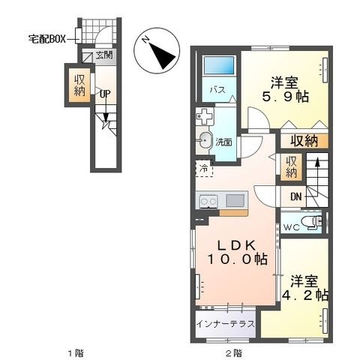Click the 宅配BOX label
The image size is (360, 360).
pos(47,39)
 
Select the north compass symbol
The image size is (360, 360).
pos(157,50)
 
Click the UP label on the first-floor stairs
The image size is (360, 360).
pos(105,94)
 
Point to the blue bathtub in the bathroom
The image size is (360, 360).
pos(219,65)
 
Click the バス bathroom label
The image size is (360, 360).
pos(217,89)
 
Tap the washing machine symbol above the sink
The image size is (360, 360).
pos(205,116)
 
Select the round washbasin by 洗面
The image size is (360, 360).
pos(205,140)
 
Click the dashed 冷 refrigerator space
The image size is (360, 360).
pos(204,168)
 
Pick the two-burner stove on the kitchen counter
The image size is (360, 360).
pos(208,201)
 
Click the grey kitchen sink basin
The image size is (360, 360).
pos(235,200)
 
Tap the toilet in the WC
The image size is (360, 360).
pos(312,222)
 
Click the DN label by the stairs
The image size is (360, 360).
pos(296,197)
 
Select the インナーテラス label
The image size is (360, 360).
pos(226,324)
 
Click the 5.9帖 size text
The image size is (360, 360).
pos(285,97)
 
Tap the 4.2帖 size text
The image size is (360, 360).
pos(305,295)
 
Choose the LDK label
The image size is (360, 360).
pos(236,245)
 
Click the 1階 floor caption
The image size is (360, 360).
pos(76,353)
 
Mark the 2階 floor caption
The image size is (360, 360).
pos(234,353)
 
